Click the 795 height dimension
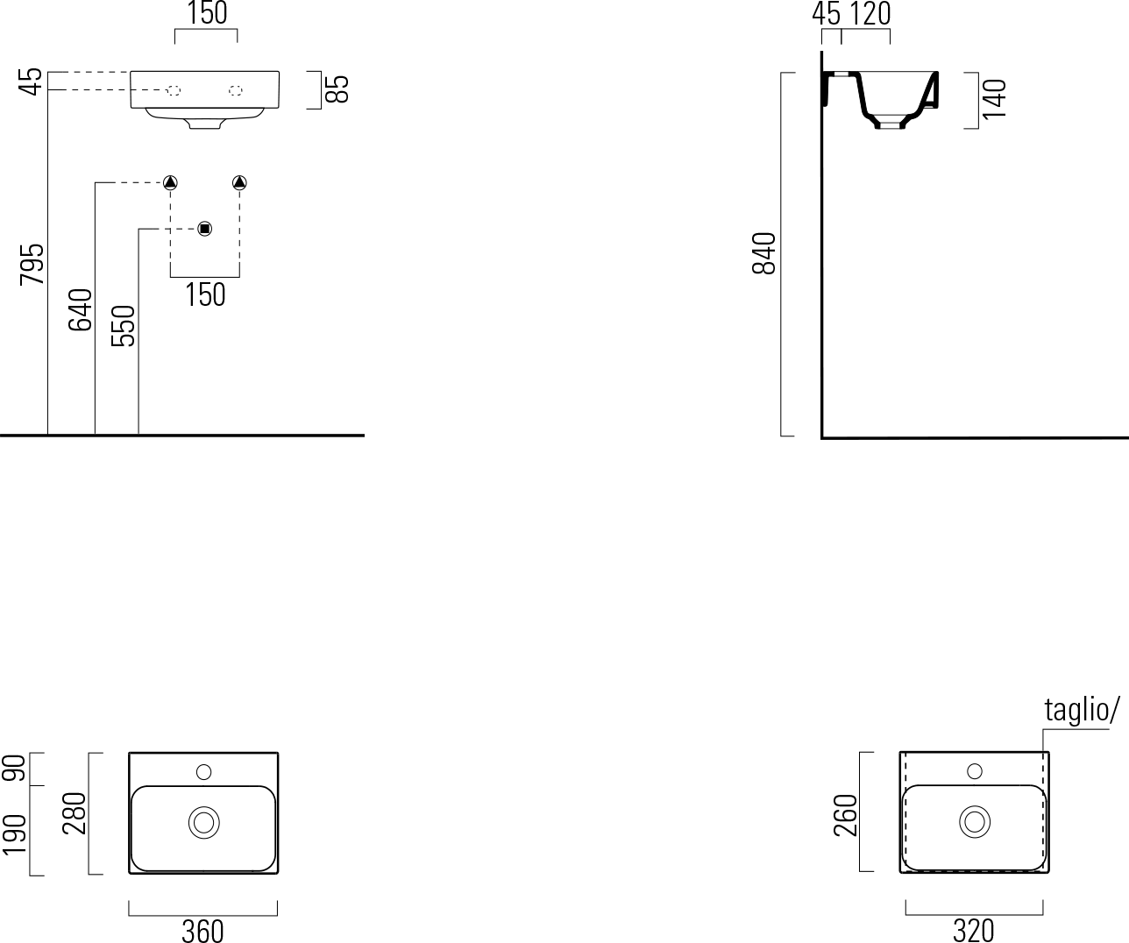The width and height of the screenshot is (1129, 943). [32, 265]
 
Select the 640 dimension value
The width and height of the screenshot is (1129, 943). [80, 309]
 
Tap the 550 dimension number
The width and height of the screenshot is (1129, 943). [123, 325]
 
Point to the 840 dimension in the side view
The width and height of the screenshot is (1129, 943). [764, 253]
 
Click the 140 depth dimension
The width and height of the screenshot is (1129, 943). [994, 99]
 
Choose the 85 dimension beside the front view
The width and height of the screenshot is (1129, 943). [337, 89]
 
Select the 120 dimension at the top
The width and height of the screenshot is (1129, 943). [870, 14]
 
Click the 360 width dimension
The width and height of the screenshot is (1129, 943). [202, 931]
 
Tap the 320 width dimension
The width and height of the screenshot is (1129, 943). [973, 931]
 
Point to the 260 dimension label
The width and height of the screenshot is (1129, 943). [846, 815]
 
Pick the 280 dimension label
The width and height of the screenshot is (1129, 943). [75, 813]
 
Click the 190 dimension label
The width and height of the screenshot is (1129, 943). [15, 835]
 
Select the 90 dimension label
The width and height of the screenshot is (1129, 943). [15, 768]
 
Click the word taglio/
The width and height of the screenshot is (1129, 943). [1082, 710]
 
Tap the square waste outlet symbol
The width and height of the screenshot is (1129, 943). [204, 229]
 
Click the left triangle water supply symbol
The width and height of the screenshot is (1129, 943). [170, 183]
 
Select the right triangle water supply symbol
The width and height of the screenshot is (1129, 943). [239, 183]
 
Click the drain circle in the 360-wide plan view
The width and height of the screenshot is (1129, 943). [204, 823]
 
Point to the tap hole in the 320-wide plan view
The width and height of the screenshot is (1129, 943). [975, 771]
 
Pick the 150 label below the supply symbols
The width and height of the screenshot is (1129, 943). [205, 294]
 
